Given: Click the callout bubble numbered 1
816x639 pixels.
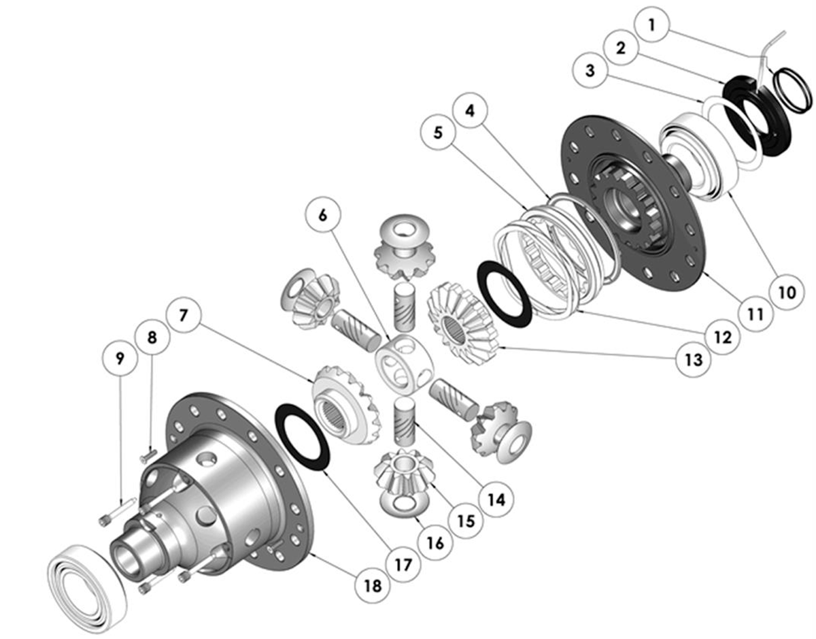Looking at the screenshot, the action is [652, 24].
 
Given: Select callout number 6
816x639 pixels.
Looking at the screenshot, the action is [322, 216].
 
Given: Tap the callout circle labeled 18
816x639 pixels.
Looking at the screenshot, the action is [373, 586].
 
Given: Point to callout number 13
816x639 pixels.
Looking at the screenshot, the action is [694, 360].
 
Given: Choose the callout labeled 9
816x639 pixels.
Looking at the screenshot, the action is [120, 358].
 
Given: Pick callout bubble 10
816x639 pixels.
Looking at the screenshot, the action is [787, 292].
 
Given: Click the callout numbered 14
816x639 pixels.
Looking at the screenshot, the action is [497, 499].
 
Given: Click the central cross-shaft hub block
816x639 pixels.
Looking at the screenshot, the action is [405, 364].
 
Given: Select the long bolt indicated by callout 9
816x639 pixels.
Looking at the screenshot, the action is [117, 512].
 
